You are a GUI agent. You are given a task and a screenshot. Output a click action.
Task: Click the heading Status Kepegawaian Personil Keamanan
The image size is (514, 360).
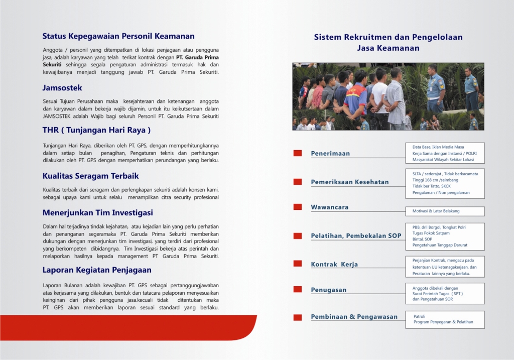(118, 36)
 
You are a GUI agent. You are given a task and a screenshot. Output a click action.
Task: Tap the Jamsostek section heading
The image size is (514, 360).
(62, 88)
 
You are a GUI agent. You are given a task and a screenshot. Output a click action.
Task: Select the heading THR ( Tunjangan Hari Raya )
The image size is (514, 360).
(96, 130)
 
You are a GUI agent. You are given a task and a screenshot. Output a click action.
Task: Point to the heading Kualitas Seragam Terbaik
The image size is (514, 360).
(90, 176)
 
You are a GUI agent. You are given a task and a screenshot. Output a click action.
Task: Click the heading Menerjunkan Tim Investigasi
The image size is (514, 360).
(97, 213)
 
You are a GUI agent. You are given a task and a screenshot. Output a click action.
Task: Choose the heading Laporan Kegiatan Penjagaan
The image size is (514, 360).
(90, 270)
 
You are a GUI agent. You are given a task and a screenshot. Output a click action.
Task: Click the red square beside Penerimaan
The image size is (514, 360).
(298, 153)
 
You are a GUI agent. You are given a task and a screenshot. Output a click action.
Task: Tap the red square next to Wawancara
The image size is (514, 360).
(298, 207)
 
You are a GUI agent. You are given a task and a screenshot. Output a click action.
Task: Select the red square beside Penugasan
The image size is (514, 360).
(298, 289)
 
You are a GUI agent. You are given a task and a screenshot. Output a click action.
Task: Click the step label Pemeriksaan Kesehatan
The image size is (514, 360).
(349, 182)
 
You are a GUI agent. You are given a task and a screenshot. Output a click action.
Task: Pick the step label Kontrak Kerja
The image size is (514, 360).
(334, 264)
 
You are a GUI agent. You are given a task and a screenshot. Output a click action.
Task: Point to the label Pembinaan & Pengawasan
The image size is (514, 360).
(354, 317)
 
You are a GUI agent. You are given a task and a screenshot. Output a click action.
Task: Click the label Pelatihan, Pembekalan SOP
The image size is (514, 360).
(356, 235)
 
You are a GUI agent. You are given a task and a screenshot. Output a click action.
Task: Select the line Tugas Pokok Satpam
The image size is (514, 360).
(431, 233)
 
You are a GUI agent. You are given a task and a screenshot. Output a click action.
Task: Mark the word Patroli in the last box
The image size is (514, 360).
(419, 316)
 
